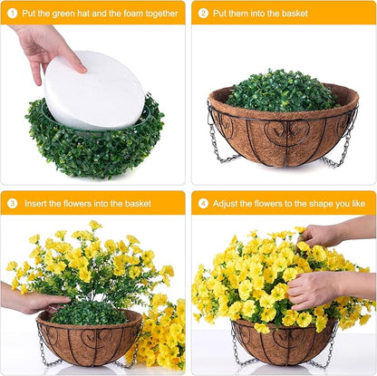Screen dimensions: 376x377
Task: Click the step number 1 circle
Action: [13, 13]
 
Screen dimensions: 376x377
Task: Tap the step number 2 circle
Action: [204, 13]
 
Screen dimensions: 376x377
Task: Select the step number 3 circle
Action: [13, 203]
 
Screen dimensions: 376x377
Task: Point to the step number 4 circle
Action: [204, 203]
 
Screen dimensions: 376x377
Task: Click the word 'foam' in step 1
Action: [130, 14]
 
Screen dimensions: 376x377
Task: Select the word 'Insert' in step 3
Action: [37, 204]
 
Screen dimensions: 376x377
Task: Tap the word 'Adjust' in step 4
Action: [228, 204]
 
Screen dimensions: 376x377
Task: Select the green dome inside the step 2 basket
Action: [282, 91]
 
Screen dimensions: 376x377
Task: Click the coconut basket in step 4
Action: [282, 344]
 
